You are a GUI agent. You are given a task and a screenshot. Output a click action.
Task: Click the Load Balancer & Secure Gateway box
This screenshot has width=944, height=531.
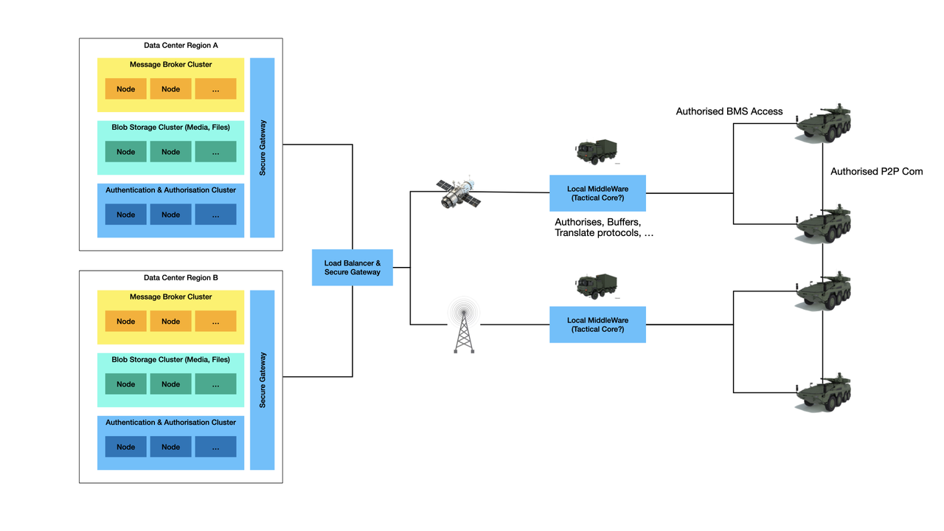point(352,268)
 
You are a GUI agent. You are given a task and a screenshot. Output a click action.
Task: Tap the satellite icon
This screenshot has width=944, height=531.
point(458,192)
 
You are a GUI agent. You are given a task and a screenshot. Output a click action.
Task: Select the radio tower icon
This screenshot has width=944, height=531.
point(463,326)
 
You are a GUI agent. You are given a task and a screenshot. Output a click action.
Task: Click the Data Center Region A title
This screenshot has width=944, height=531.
point(181,46)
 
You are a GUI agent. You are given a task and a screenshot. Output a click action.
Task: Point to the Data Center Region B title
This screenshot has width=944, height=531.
point(181,278)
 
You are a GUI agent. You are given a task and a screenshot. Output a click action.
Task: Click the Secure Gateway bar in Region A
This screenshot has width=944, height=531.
point(263,147)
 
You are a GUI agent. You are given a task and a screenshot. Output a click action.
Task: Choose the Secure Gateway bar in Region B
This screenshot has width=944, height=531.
point(263,380)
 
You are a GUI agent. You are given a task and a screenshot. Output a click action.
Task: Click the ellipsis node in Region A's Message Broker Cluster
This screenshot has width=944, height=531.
point(215,89)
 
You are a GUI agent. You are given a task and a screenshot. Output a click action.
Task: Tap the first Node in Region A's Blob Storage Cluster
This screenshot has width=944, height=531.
point(126,152)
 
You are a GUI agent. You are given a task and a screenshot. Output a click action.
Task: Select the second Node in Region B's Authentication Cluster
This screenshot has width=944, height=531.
point(170,447)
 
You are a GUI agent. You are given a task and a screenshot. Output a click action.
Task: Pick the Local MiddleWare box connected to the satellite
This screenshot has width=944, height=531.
point(597,193)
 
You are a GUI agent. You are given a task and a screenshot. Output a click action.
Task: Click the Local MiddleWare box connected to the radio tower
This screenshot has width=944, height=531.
point(597,324)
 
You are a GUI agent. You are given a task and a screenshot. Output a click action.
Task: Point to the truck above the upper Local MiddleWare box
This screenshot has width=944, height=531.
point(597,151)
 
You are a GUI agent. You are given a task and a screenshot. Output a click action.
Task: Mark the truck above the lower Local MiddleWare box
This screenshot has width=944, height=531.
point(597,285)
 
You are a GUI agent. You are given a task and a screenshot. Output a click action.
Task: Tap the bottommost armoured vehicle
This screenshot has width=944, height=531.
point(824,392)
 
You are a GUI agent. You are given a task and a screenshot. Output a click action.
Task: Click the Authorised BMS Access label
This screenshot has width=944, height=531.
point(729,111)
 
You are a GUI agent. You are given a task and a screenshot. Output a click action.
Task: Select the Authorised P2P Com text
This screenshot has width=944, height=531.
point(876,172)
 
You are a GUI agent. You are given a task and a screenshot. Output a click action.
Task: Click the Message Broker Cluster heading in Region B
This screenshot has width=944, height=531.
point(170,297)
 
